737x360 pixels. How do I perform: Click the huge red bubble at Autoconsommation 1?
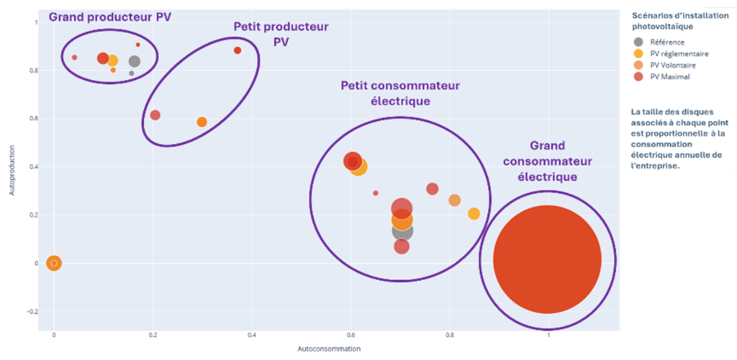[x=548, y=259]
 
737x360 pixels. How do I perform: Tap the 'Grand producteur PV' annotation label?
[x=110, y=17]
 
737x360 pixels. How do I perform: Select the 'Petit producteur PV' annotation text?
[x=281, y=34]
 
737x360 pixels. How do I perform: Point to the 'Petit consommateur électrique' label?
[x=400, y=93]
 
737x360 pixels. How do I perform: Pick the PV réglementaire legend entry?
[x=679, y=53]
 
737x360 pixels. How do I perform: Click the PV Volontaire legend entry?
[x=673, y=65]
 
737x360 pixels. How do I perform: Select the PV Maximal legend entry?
[x=669, y=76]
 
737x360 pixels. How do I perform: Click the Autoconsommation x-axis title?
[x=329, y=348]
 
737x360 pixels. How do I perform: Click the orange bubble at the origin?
[x=54, y=264]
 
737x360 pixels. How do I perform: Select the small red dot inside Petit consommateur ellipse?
[x=376, y=193]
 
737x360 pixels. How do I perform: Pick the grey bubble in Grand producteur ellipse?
[x=134, y=62]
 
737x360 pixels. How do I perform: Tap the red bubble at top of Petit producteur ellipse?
[x=238, y=50]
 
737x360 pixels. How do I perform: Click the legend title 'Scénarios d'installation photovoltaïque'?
[x=661, y=21]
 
